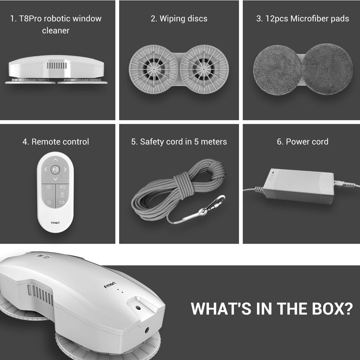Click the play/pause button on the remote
click(55, 170)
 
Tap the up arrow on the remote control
click(55, 159)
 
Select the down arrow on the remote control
click(55, 179)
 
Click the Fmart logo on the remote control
click(55, 222)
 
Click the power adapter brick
click(298, 186)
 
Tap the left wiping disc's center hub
click(153, 69)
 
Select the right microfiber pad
click(327, 69)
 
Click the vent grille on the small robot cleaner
click(57, 66)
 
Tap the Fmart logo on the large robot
click(110, 285)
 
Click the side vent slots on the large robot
click(40, 295)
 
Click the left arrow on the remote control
click(45, 170)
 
